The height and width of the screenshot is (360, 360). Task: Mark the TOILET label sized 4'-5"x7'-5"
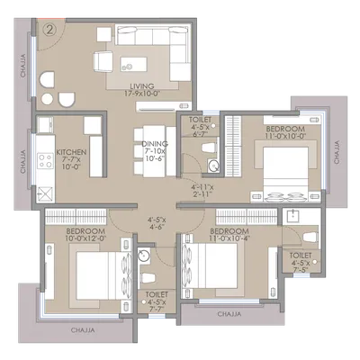301,259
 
